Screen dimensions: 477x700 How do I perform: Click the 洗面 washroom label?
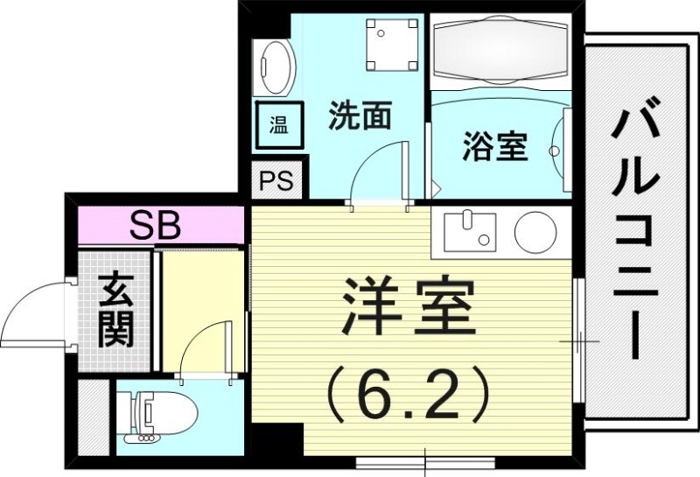(x=359, y=116)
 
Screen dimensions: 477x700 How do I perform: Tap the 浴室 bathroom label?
(x=494, y=146)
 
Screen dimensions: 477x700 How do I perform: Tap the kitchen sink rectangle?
(x=468, y=231)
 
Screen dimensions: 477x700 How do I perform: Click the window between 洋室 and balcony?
(x=578, y=339)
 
